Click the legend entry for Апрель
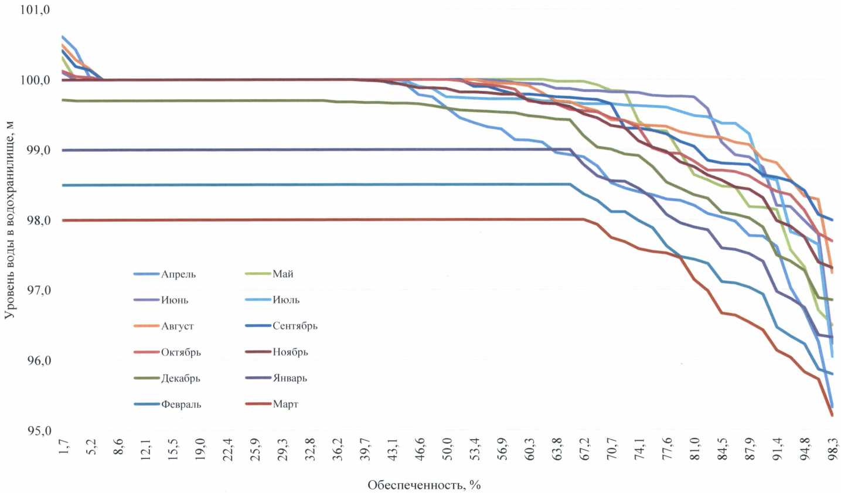[x=178, y=274]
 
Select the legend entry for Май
[x=282, y=274]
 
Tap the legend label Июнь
[x=175, y=300]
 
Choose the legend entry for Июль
[x=285, y=300]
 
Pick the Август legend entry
[x=177, y=327]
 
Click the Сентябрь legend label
[x=295, y=326]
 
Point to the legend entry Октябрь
[x=181, y=352]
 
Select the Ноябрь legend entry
[x=290, y=352]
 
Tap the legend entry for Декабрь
[x=181, y=379]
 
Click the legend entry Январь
[x=290, y=378]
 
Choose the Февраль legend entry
[x=181, y=404]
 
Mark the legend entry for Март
[x=285, y=404]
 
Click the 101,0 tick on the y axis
[x=36, y=10]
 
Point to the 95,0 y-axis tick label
[x=39, y=431]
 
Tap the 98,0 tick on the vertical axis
[x=39, y=220]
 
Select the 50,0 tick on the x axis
[x=447, y=450]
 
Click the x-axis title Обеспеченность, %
[x=424, y=485]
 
